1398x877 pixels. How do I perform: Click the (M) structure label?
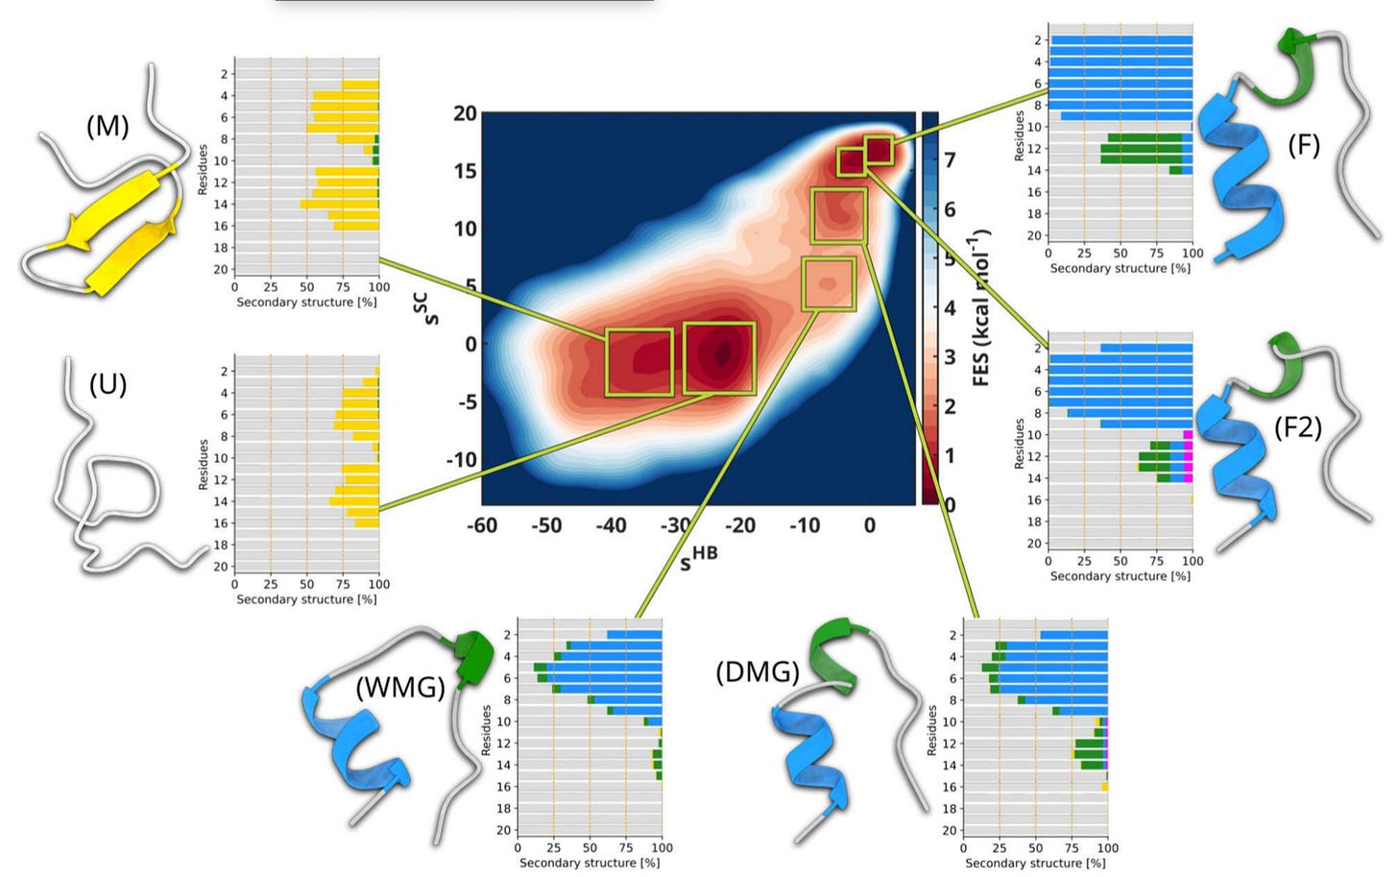108,126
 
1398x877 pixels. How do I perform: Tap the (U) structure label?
108,384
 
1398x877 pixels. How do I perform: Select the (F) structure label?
1303,145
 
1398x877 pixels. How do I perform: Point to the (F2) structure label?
1297,426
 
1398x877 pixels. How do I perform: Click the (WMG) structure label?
399,688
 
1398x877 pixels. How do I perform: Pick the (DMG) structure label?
757,671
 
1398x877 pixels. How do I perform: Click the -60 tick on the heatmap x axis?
482,525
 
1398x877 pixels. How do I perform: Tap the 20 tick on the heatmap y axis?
465,113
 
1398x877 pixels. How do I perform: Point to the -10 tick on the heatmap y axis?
461,459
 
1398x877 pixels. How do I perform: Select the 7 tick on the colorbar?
950,159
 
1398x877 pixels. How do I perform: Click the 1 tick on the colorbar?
950,455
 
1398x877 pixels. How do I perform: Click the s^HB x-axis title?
698,558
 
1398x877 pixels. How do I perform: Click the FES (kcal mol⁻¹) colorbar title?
980,307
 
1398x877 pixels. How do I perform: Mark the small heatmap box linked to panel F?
880,150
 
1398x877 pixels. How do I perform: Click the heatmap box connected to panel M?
639,362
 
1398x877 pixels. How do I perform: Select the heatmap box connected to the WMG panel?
828,283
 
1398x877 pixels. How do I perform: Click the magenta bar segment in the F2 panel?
1188,456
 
